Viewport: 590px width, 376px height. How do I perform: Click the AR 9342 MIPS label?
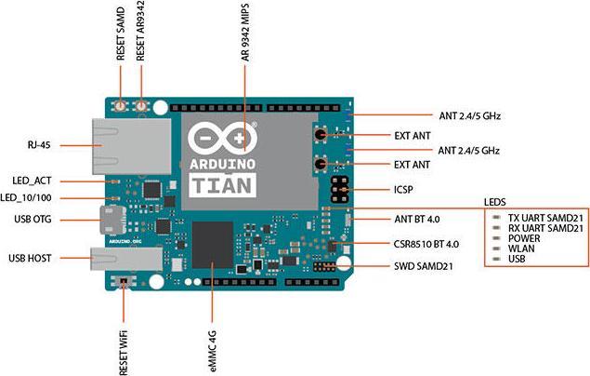click(246, 36)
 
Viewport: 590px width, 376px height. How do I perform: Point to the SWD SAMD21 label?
click(425, 267)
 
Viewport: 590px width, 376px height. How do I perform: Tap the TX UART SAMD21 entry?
click(545, 217)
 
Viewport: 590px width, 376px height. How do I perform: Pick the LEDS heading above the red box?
click(497, 201)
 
